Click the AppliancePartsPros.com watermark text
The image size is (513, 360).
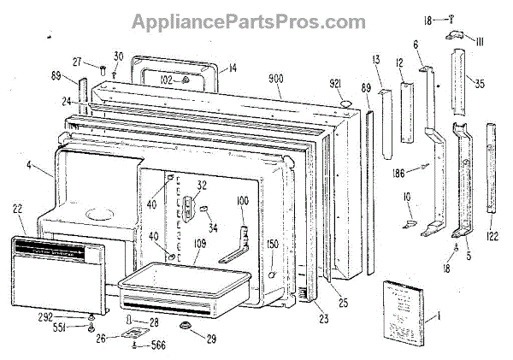pos(256,18)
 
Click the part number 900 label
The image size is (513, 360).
pos(275,80)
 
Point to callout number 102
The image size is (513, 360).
pos(167,80)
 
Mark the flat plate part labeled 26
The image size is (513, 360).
pos(139,335)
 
